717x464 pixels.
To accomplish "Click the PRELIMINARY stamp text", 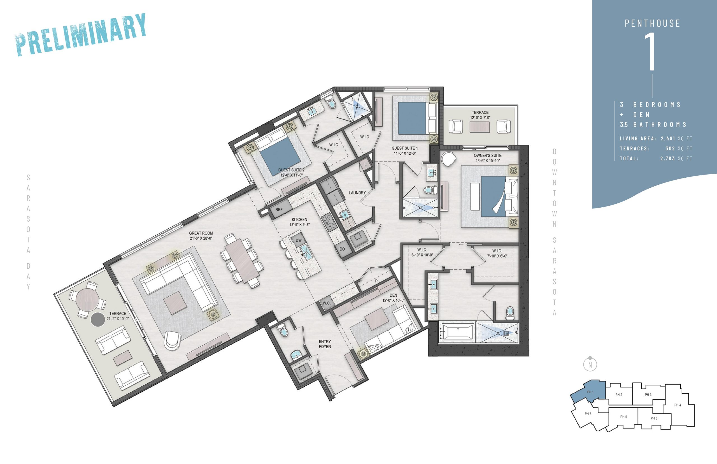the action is (x=81, y=35).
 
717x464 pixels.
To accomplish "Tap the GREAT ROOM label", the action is (x=201, y=233).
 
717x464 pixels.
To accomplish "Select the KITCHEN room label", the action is (x=299, y=220).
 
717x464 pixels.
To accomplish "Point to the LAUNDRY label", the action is (x=357, y=193).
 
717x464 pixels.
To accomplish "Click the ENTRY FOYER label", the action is (x=325, y=344).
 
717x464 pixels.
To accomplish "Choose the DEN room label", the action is (x=393, y=295).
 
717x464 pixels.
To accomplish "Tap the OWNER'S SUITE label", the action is (x=488, y=156).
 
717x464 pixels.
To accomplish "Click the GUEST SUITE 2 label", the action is (x=291, y=170).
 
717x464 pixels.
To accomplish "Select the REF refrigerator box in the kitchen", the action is (x=280, y=209).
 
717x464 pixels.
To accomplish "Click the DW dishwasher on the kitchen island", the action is (x=298, y=240).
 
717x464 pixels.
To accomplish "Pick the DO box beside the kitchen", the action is (x=342, y=249).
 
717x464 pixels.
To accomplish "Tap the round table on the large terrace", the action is (x=87, y=300).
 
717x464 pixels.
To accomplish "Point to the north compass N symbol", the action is (x=590, y=364).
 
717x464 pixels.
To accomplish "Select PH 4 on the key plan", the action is (x=678, y=405).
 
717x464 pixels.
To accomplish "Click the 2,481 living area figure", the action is (x=668, y=139).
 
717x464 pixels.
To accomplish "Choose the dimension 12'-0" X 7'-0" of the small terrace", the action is (x=480, y=117).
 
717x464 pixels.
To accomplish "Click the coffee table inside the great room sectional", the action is (x=175, y=303).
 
